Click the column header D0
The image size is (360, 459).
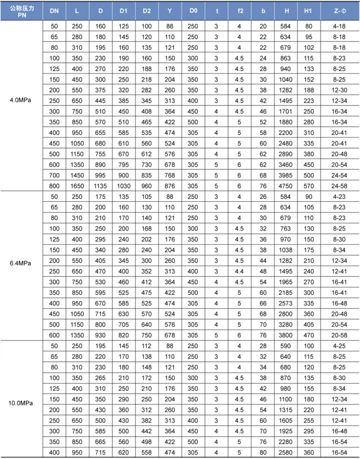193,10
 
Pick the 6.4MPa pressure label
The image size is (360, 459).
21,263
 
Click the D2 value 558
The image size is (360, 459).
147,451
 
